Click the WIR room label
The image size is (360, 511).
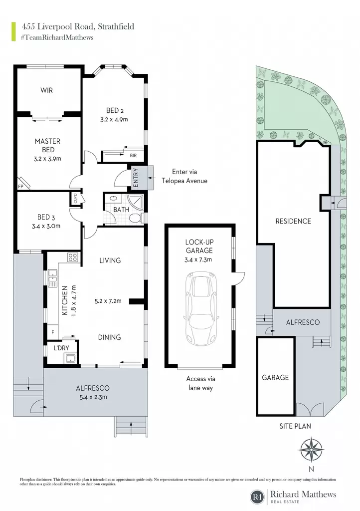tap(46, 90)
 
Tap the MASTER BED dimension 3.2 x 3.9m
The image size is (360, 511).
tap(47, 159)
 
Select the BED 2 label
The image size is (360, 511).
tap(115, 110)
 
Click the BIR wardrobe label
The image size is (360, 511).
tap(133, 156)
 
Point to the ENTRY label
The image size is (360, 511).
tap(136, 178)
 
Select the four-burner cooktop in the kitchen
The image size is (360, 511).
tap(73, 257)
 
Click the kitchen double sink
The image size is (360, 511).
tap(53, 278)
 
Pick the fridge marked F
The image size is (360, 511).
tap(53, 332)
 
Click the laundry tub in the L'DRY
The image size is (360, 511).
tap(71, 359)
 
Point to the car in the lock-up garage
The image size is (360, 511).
tap(200, 308)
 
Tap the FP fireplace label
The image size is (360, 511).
tap(20, 187)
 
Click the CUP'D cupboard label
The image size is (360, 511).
tap(75, 199)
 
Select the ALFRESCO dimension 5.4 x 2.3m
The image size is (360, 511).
tap(93, 397)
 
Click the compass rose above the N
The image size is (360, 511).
tap(312, 450)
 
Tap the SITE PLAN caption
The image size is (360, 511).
tap(295, 426)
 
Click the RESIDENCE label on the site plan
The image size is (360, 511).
tap(293, 221)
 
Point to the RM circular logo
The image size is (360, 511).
tap(258, 497)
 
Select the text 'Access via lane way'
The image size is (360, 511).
tap(201, 383)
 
